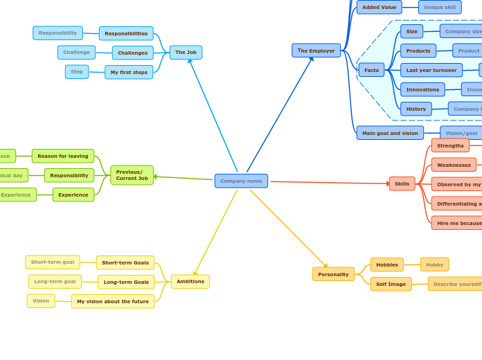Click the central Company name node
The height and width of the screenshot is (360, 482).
point(241,181)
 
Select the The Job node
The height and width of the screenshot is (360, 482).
point(186,53)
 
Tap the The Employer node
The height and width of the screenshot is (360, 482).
point(316,51)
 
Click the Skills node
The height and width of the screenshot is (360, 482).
point(402,183)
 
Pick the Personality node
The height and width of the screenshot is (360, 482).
point(333,274)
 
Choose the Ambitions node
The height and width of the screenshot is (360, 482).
point(190,282)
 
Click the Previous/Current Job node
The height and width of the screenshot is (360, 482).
point(132,175)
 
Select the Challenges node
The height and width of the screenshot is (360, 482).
point(132,53)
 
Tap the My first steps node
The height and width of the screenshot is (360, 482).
point(129,72)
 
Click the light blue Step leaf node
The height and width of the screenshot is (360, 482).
point(77,72)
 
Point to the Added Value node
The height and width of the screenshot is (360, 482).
point(380,7)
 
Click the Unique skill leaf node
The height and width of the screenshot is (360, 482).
point(440,7)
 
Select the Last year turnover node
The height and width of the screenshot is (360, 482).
point(431,70)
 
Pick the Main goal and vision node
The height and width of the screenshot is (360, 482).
point(390,133)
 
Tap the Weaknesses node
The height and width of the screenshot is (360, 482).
point(454,165)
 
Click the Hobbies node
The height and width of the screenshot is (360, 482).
point(387,264)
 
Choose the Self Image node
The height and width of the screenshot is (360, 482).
point(391,284)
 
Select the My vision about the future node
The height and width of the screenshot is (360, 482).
point(113,301)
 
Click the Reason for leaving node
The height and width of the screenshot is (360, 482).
point(63,156)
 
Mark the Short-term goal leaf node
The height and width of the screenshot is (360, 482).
point(53,262)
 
